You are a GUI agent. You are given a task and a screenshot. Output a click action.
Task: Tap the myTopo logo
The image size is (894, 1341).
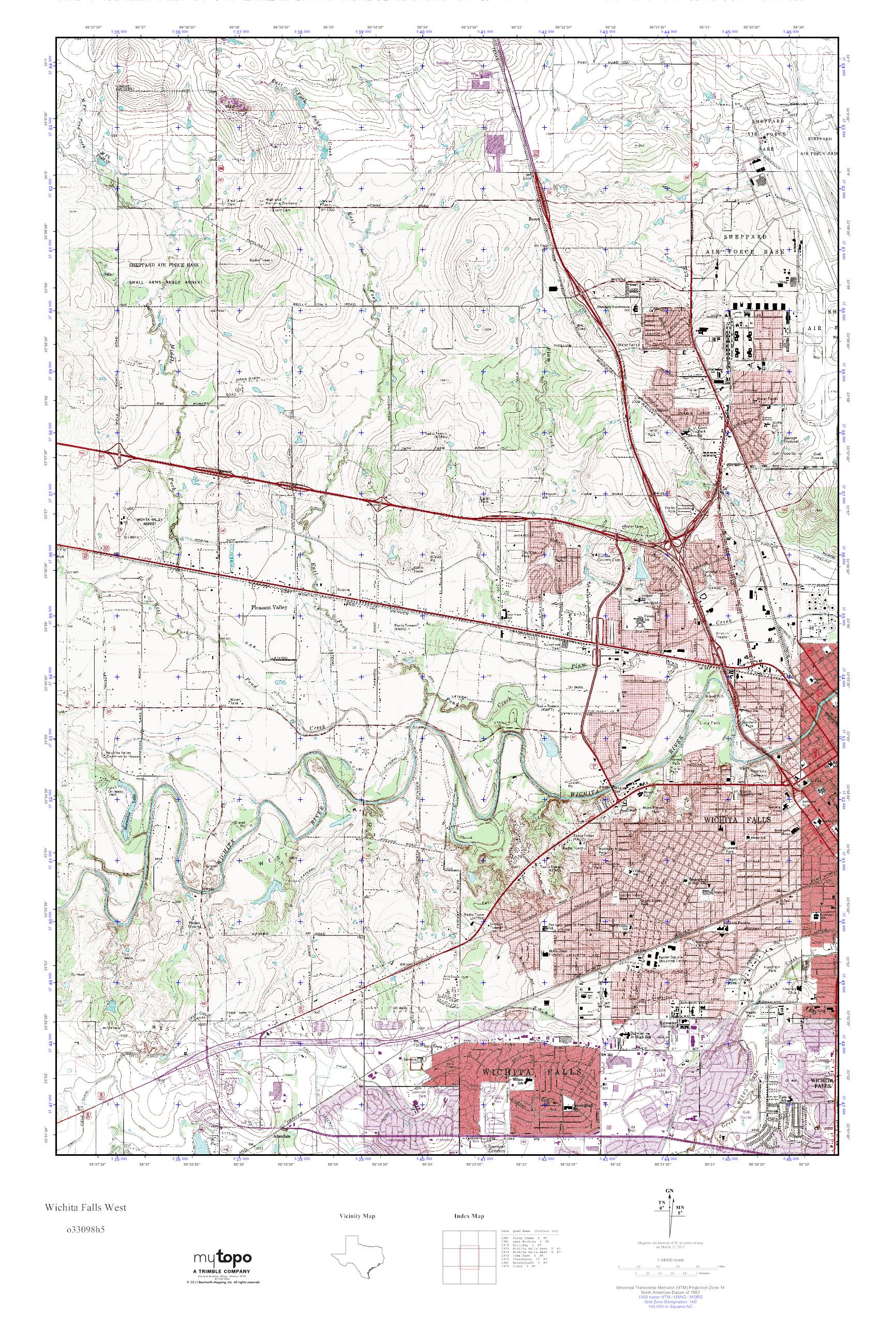click(x=223, y=1269)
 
